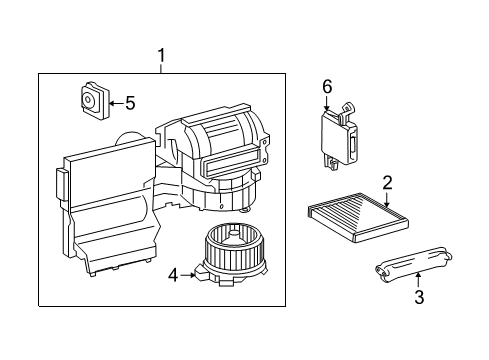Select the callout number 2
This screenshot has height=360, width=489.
coord(387,181)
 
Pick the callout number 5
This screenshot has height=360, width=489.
coord(128,101)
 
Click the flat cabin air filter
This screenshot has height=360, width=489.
coord(349,215)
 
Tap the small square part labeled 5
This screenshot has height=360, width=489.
coord(92,100)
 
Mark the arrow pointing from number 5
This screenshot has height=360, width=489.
coord(113,101)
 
